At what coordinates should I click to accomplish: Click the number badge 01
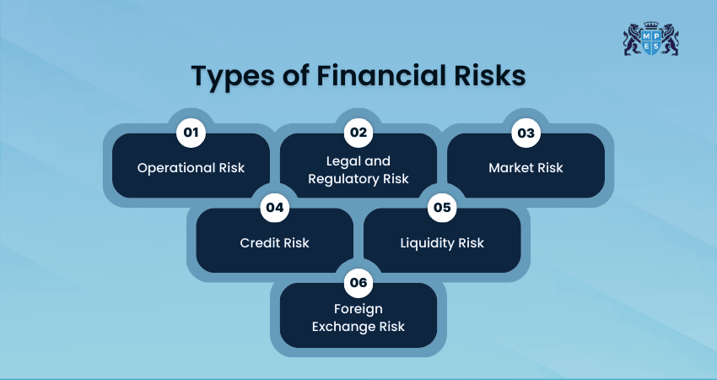191,133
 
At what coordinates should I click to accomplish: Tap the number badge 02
358,133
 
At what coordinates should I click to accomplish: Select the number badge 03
526,133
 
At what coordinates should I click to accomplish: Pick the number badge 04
275,208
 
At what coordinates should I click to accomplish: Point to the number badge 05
442,208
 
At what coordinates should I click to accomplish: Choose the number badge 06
358,283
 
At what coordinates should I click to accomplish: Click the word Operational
176,168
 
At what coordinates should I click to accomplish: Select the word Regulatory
343,179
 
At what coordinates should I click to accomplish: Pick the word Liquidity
427,243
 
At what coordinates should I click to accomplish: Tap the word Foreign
358,310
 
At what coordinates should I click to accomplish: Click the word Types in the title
233,77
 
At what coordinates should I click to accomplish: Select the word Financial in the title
381,75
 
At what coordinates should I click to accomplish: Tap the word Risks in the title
490,75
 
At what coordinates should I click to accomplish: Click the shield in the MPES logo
650,41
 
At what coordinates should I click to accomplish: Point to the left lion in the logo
633,40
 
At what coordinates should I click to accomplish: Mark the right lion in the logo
670,40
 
